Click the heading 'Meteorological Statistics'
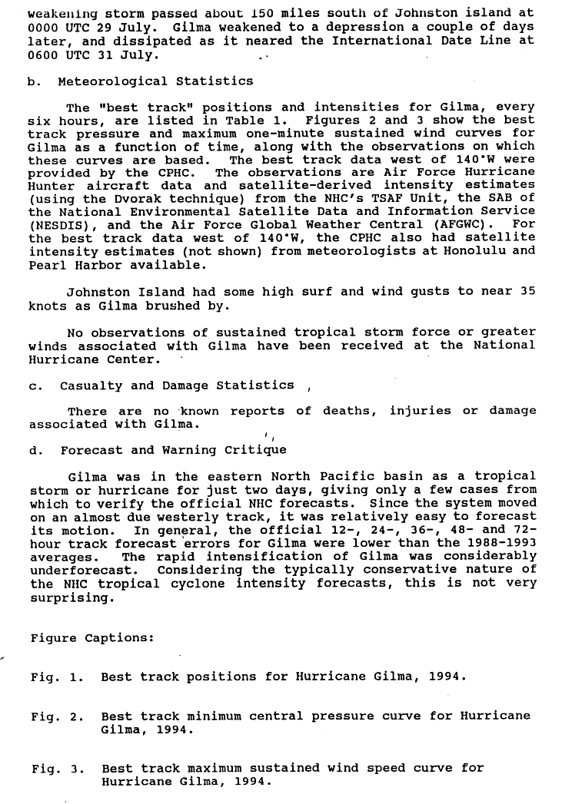tap(155, 81)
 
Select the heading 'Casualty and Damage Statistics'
tap(177, 385)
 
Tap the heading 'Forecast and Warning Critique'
tap(173, 450)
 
